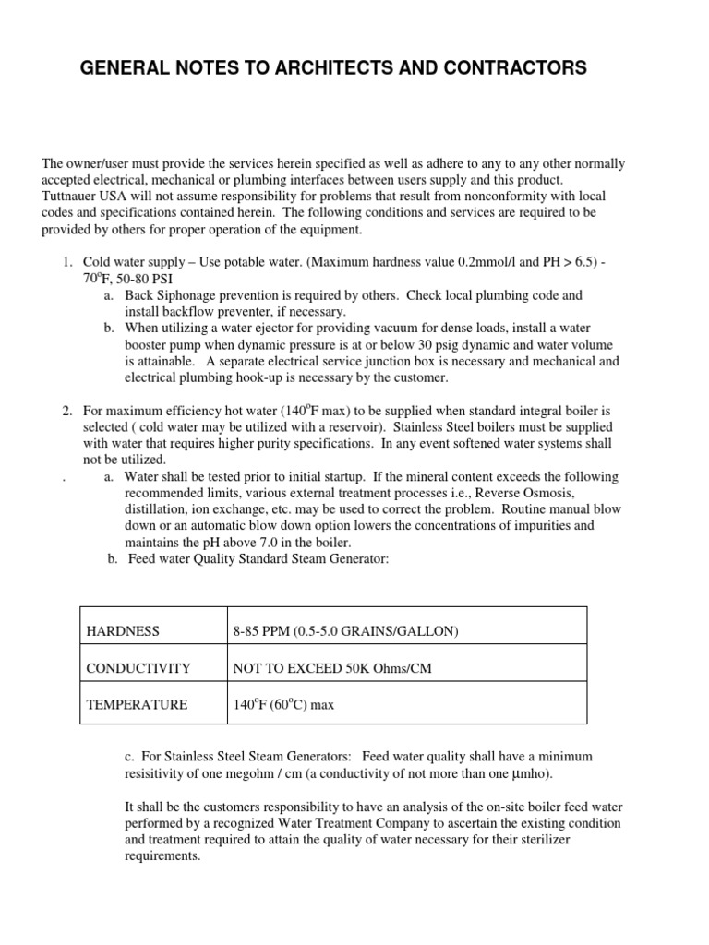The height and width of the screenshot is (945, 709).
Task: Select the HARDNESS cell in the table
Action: (123, 631)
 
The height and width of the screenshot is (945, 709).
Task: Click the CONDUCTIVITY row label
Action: (138, 668)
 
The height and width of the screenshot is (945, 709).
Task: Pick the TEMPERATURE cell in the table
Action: (137, 704)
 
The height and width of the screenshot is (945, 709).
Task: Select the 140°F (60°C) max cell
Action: (285, 704)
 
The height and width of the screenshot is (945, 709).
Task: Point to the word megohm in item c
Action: (264, 772)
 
